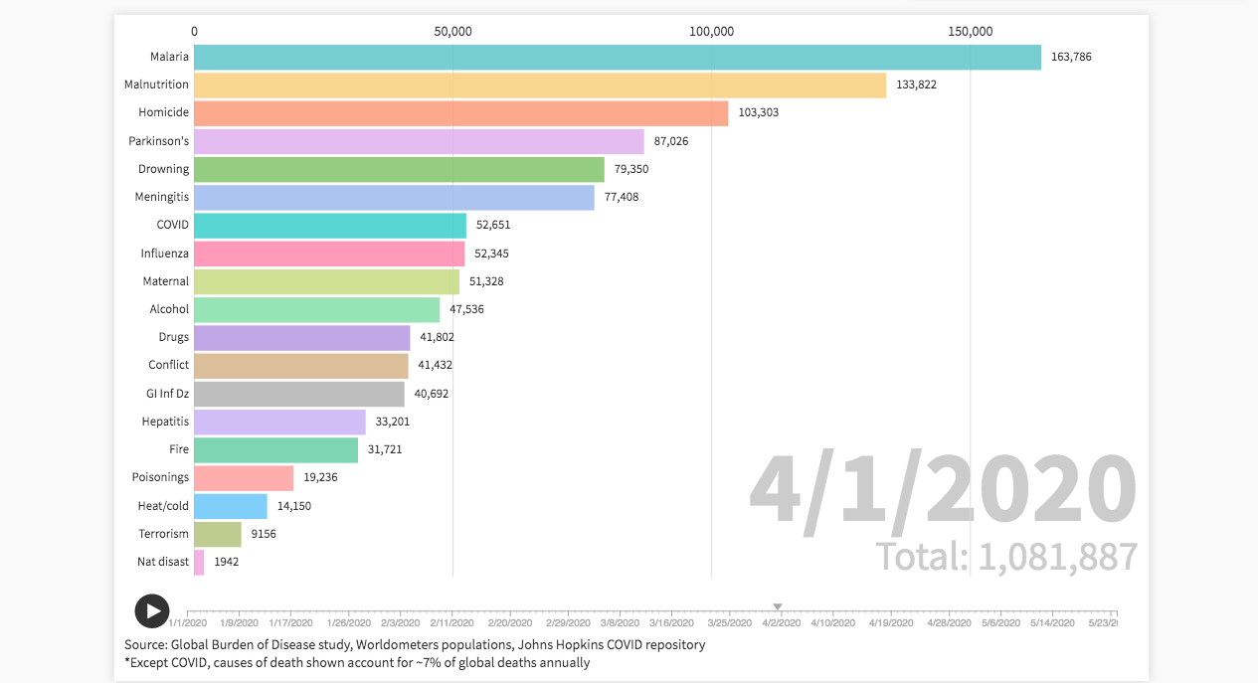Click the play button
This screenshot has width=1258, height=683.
coord(152,611)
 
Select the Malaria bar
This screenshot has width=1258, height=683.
coord(617,58)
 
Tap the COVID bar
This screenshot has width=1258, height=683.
coord(329,226)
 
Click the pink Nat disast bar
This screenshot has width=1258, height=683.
coord(199,562)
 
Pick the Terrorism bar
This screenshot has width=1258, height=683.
coord(217,534)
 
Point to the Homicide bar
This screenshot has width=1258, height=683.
coord(460,113)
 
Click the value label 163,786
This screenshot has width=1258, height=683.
coord(1071,58)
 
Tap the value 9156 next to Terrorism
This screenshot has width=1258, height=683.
coord(264,534)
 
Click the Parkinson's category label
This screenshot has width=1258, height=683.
coord(158,141)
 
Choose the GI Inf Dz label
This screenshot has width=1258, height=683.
coord(167,394)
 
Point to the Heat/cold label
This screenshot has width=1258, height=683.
coord(163,506)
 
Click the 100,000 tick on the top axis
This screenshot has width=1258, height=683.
coord(711,32)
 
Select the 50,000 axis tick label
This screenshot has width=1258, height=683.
coord(452,32)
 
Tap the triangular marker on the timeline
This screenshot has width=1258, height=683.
coord(778,606)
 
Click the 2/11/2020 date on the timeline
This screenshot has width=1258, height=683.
coord(451,623)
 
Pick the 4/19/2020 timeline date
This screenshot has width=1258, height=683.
coord(890,623)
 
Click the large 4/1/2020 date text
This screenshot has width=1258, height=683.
coord(942,490)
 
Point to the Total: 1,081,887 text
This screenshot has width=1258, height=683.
coord(1006,557)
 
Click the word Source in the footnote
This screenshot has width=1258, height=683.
coord(144,644)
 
